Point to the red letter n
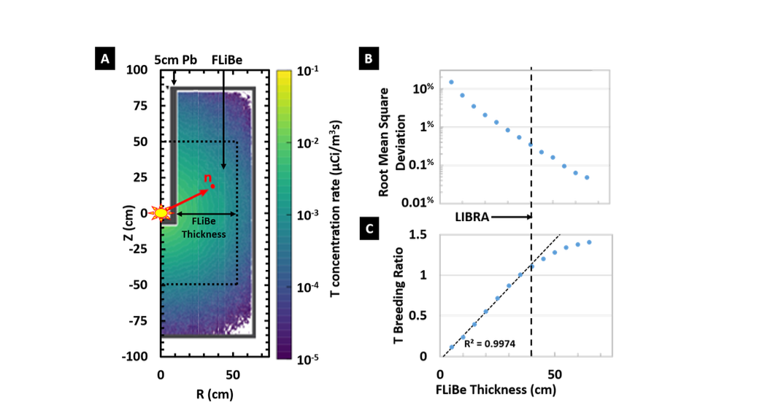tap(208, 178)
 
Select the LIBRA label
tap(473, 217)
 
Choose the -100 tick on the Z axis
tap(138, 356)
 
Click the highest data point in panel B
tap(451, 82)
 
